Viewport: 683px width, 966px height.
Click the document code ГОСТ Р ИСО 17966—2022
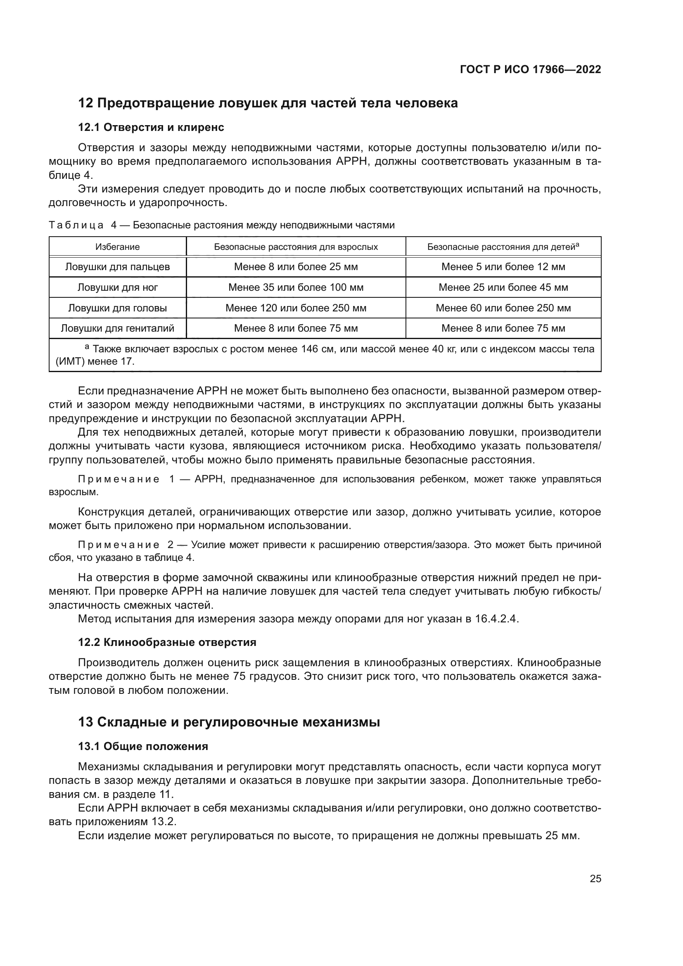530,70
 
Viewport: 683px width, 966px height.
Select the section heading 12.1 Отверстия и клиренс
151,128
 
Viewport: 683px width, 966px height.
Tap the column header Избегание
117,247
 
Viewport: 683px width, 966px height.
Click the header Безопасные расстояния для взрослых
296,247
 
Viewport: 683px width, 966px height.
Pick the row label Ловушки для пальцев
117,267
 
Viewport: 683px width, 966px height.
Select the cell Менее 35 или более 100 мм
296,287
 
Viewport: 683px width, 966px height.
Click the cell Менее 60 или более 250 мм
503,308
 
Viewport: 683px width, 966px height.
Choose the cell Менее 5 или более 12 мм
503,267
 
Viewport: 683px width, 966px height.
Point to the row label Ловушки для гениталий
117,328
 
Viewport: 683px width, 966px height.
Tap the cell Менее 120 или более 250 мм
296,308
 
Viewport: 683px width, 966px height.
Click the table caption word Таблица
76,225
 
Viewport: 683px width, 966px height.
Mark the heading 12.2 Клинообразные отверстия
167,643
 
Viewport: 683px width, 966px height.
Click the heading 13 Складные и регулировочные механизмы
229,722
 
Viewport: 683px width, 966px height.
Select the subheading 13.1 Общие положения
143,746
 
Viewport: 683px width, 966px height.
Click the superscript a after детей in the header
577,245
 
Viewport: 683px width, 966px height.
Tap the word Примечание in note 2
119,545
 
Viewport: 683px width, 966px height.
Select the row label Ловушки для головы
117,308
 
